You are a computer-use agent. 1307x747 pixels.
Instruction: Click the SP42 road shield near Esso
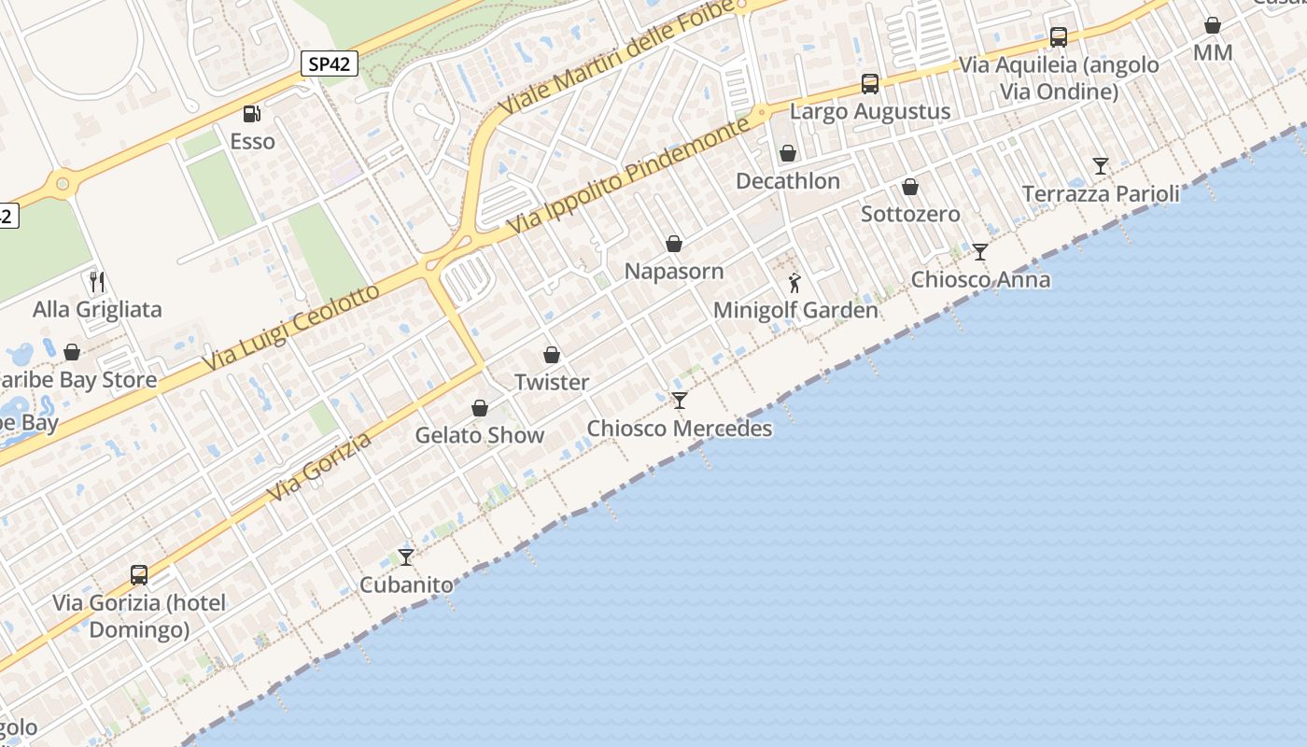pos(330,63)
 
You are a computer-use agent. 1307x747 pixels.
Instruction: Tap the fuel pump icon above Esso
pos(251,114)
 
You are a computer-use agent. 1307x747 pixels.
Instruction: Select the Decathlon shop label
pos(788,181)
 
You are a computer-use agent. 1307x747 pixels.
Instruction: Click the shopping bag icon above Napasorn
pos(674,244)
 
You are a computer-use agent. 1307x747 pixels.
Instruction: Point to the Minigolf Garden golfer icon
pos(794,282)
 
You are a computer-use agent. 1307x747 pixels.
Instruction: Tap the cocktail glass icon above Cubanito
pos(406,557)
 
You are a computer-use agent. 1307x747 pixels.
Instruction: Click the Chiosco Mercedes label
pos(680,429)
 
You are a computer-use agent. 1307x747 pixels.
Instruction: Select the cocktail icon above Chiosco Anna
pos(980,252)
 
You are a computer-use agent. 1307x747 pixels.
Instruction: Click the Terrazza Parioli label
pos(1101,194)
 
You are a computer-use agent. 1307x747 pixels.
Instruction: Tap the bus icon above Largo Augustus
pos(870,84)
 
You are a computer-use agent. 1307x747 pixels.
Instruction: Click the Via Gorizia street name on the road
pos(318,466)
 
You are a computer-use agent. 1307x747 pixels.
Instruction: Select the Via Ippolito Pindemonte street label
pos(628,177)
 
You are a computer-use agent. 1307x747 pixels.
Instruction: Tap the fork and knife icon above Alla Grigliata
pos(97,281)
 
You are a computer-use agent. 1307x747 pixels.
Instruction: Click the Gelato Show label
pos(480,435)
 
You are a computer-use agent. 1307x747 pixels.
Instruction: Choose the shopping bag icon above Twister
pos(552,355)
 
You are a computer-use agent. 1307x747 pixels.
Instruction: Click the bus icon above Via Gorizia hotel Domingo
pos(139,575)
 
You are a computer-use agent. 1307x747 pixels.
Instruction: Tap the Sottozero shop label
pos(910,214)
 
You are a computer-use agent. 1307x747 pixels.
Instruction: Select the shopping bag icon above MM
pos(1213,25)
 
